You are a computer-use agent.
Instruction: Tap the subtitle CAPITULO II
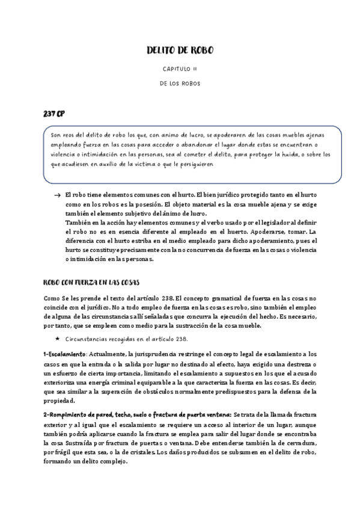[180, 70]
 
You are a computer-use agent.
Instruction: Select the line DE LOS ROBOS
[180, 84]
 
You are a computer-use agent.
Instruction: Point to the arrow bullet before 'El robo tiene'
[56, 197]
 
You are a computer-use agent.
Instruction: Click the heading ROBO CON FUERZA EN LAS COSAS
[92, 281]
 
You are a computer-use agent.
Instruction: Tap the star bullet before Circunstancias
[57, 339]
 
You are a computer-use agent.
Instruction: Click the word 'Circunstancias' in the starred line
[88, 339]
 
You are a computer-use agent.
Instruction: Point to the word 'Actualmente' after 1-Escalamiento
[108, 354]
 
